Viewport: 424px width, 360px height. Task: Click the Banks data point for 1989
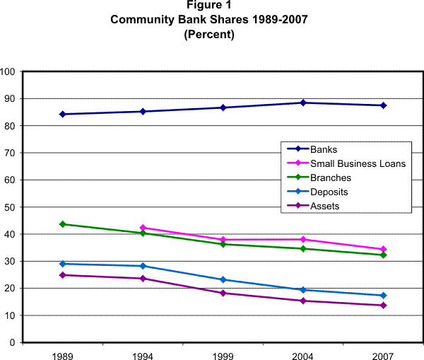pyautogui.click(x=63, y=114)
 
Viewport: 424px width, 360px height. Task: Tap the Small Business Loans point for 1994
pyautogui.click(x=143, y=228)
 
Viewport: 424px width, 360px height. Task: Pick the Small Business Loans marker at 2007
pyautogui.click(x=383, y=249)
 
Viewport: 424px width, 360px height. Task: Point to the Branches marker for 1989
pyautogui.click(x=63, y=224)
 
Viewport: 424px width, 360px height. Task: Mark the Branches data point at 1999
pyautogui.click(x=223, y=244)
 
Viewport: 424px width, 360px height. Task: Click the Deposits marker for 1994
pyautogui.click(x=143, y=266)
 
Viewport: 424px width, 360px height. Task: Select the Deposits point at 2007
pyautogui.click(x=383, y=296)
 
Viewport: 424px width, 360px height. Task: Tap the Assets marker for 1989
pyautogui.click(x=63, y=275)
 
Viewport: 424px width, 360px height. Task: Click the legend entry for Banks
pyautogui.click(x=322, y=149)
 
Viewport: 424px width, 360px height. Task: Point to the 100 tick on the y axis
pyautogui.click(x=8, y=71)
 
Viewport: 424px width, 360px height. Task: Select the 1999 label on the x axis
pyautogui.click(x=223, y=354)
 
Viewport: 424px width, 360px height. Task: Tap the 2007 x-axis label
pyautogui.click(x=383, y=354)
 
